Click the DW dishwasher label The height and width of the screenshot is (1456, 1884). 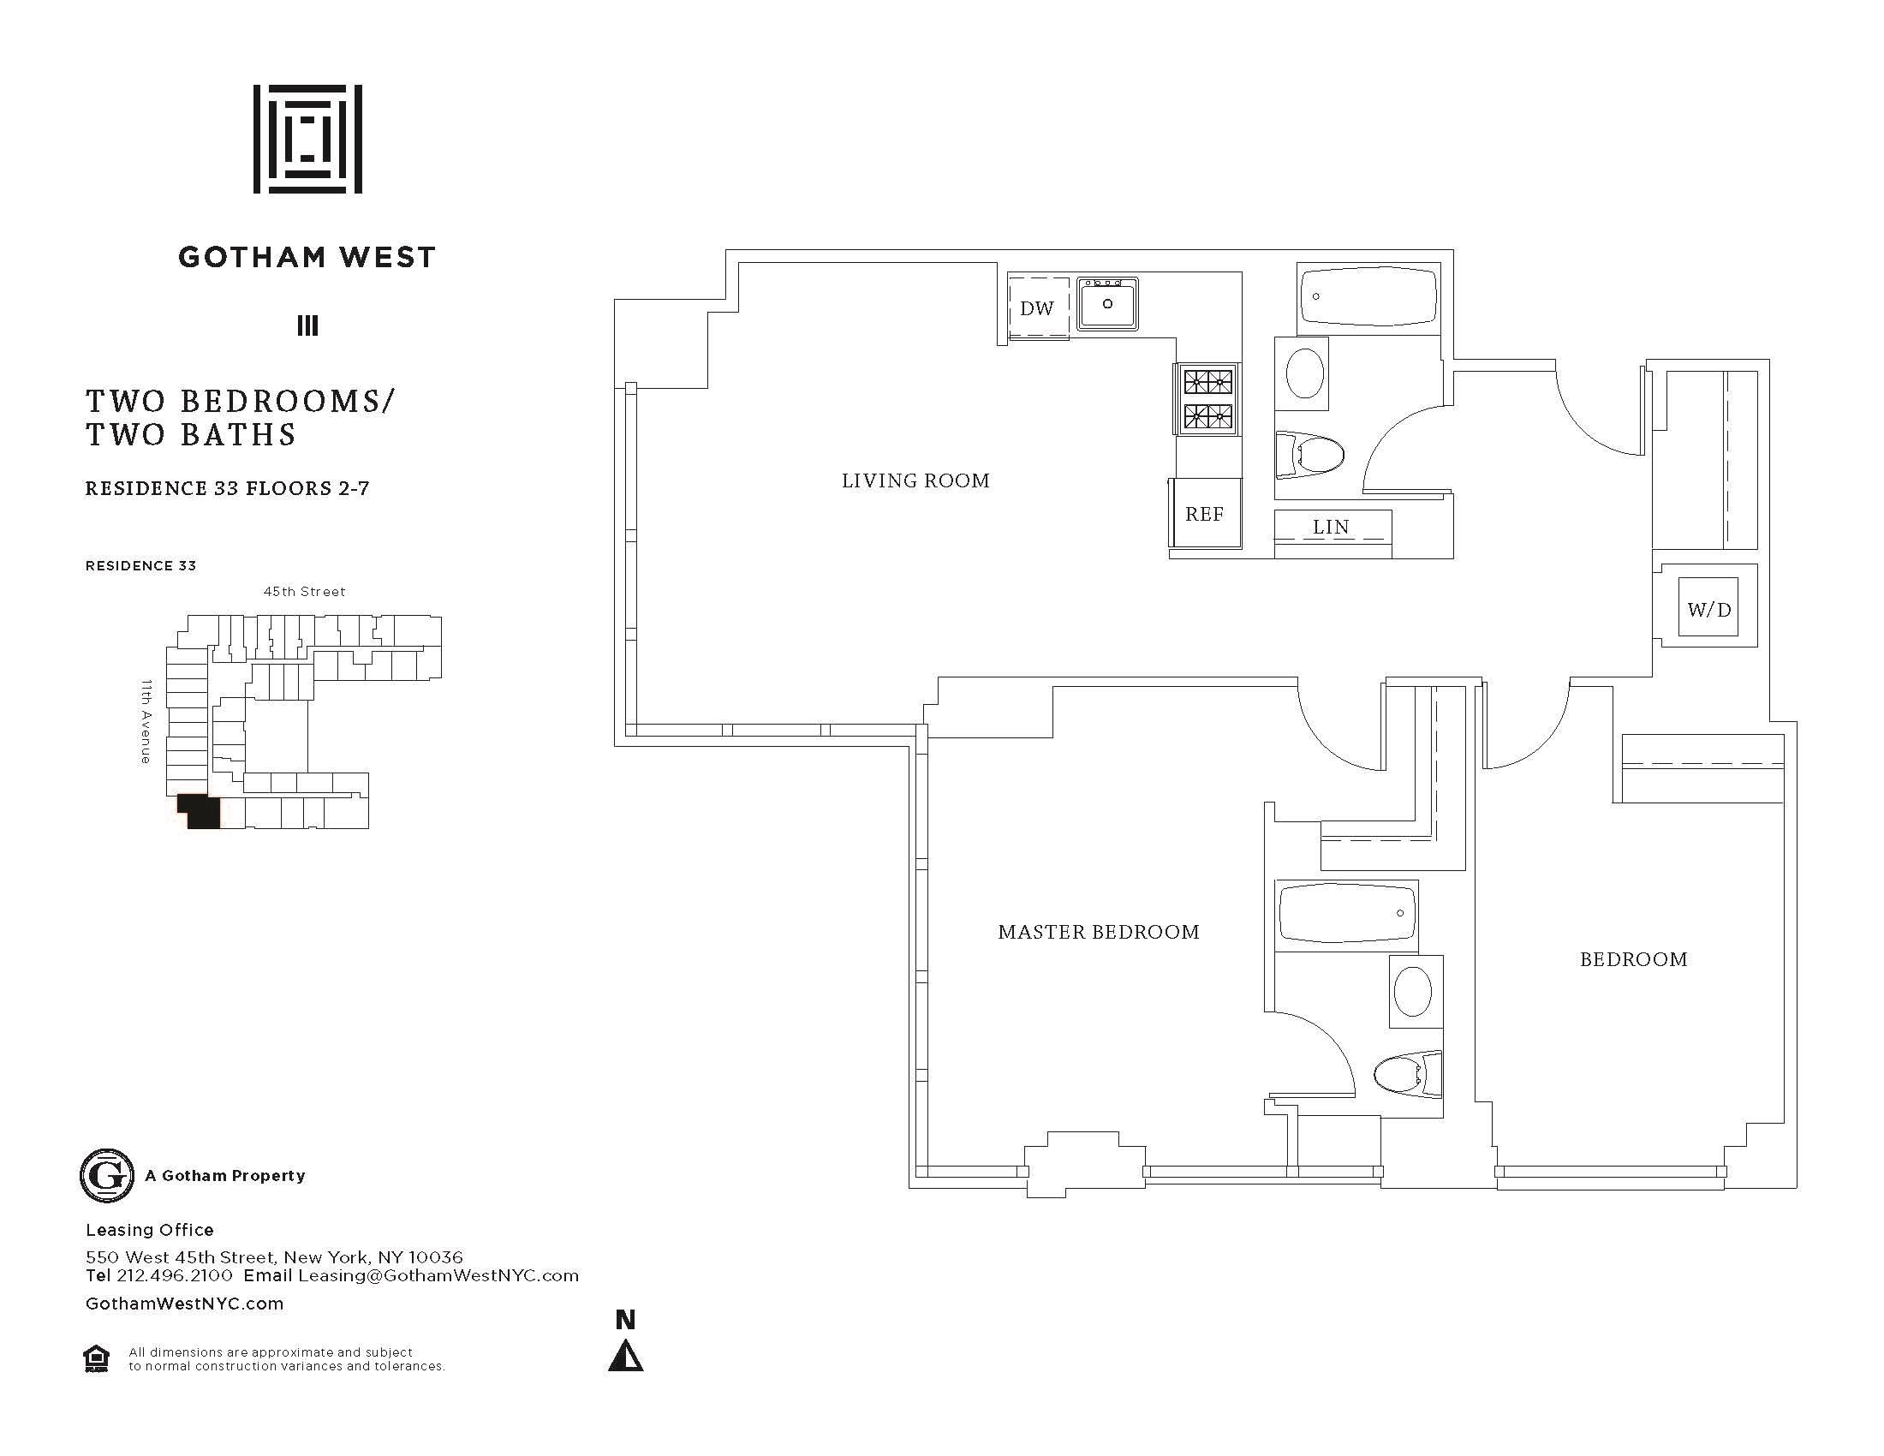(x=1036, y=309)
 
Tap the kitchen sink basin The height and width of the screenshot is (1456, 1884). (x=1106, y=304)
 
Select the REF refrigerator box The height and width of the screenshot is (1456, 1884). (x=1204, y=514)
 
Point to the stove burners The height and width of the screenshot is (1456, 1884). (x=1207, y=398)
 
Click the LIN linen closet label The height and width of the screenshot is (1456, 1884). (x=1331, y=527)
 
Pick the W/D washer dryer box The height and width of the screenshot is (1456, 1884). (x=1708, y=610)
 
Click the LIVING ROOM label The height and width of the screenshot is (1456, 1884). (x=915, y=481)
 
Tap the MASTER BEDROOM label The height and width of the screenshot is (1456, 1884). (x=1098, y=932)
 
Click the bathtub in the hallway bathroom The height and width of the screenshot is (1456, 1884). (x=1368, y=297)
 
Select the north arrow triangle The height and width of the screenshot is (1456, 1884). (x=625, y=1358)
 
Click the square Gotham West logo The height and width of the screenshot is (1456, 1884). (x=307, y=139)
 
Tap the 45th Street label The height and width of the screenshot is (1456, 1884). (x=304, y=592)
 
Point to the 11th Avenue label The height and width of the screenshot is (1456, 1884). (x=146, y=721)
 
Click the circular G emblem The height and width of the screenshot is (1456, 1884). (x=107, y=1176)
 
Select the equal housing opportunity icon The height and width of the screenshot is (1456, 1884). (x=97, y=1358)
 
